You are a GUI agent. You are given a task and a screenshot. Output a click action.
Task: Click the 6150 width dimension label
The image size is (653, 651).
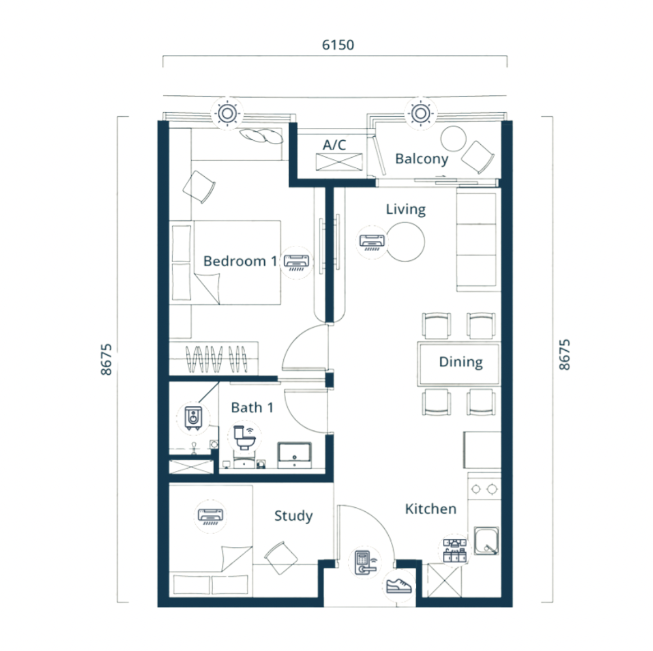coord(338,44)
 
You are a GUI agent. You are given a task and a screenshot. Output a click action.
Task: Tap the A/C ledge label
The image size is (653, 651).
coord(334,145)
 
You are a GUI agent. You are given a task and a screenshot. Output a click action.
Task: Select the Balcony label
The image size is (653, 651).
coord(421,159)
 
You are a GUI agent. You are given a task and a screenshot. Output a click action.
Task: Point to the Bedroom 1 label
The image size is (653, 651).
coord(240,261)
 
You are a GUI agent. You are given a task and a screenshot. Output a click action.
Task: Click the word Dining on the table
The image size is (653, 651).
coord(461,361)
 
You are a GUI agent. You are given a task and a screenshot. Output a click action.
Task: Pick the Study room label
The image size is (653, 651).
coord(293,516)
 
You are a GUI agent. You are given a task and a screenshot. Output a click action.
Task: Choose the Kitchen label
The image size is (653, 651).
coord(431,508)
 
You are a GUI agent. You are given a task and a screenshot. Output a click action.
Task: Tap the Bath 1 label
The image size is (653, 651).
coord(252,407)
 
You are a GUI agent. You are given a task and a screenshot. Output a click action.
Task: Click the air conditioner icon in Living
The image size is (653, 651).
coord(373,242)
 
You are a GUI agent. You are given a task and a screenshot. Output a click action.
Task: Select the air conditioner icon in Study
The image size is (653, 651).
coord(211,516)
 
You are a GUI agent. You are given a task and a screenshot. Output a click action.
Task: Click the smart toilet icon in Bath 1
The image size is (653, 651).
coord(245,437)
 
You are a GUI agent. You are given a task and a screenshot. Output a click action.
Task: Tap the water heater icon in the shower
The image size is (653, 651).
coord(193,418)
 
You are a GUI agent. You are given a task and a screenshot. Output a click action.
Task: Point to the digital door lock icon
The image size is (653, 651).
coord(365,563)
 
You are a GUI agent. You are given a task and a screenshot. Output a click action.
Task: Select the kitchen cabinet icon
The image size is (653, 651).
coord(454,550)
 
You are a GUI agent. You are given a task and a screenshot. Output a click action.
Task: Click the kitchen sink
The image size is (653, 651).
coord(486,541)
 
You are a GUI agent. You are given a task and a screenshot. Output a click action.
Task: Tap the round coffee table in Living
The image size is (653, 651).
coord(405,242)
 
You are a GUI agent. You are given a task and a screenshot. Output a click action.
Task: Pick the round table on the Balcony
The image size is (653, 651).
coord(453,139)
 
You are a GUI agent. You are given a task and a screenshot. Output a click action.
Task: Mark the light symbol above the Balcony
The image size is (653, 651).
coord(420,113)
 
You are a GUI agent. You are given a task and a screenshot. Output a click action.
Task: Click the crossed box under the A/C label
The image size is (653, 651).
coord(339,162)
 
